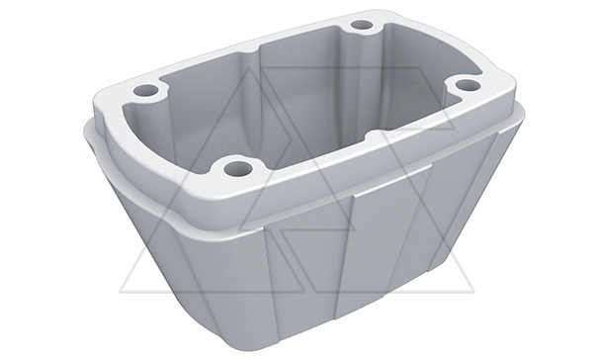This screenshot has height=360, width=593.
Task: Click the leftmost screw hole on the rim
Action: pos(145,91)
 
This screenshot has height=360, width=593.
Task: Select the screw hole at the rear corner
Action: pos(362,25)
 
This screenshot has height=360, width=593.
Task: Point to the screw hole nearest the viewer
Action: pos(235,168)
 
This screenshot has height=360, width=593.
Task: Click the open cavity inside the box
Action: pos(296,109)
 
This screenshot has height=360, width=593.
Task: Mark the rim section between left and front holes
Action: pos(178,138)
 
